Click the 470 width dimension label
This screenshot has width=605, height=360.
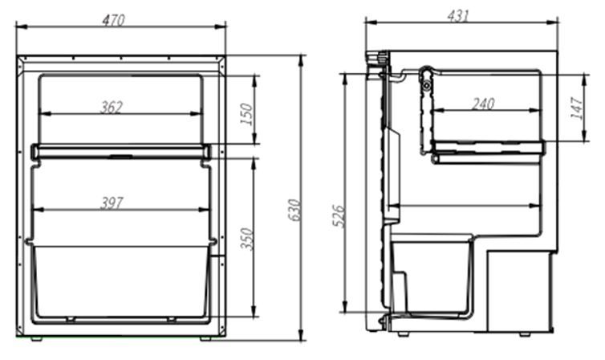[113, 20]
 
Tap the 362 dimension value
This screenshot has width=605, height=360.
[112, 107]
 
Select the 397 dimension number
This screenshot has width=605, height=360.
[112, 202]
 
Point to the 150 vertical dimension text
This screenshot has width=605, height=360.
[246, 114]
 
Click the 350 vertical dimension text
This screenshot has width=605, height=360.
[246, 239]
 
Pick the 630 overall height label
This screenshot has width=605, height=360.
[294, 210]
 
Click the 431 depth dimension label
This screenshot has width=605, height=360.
[458, 15]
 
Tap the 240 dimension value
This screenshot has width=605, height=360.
[483, 103]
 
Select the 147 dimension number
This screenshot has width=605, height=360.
[576, 108]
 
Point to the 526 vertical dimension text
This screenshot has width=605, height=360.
[339, 216]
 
